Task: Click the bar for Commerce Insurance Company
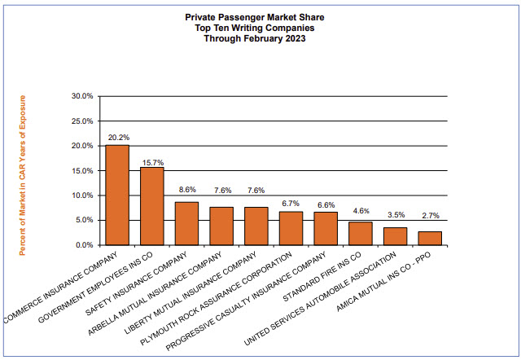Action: tap(117, 195)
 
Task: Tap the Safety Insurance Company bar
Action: tap(187, 224)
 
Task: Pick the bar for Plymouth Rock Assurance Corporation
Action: tap(291, 229)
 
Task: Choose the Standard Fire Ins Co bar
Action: tap(360, 234)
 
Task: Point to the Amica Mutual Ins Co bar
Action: tap(429, 238)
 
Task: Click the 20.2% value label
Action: tap(117, 138)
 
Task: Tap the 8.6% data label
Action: tap(187, 190)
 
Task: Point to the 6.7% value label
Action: tap(291, 203)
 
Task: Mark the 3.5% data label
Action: tap(394, 215)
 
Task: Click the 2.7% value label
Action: tap(429, 215)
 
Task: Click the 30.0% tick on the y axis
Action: tap(83, 96)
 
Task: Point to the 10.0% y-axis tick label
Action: tap(83, 195)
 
